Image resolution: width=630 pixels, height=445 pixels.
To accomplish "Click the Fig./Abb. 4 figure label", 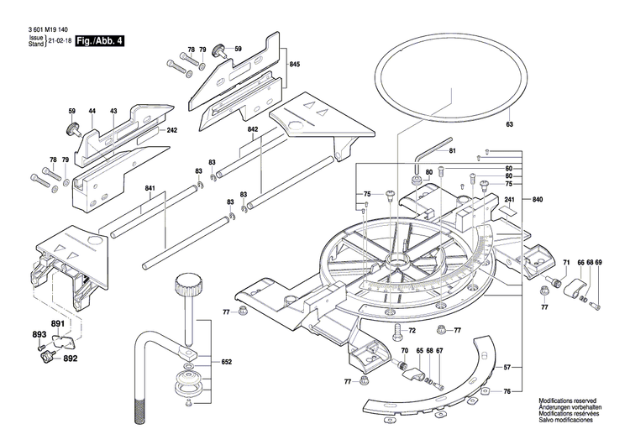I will (98, 39).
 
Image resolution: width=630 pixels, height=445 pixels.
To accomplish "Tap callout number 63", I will (508, 125).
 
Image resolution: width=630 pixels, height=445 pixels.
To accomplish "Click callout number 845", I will (294, 65).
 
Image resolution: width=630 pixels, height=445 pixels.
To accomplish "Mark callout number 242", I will (171, 130).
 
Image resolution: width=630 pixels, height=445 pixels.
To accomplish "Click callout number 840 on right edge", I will (538, 199).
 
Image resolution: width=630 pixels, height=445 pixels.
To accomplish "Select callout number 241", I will (508, 199).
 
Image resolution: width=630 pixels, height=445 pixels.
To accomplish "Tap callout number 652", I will (226, 362).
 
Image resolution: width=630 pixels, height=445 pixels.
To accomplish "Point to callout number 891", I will (57, 324).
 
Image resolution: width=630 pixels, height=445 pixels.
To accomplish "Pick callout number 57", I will (507, 368).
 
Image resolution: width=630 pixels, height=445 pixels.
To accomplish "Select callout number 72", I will (412, 331).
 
